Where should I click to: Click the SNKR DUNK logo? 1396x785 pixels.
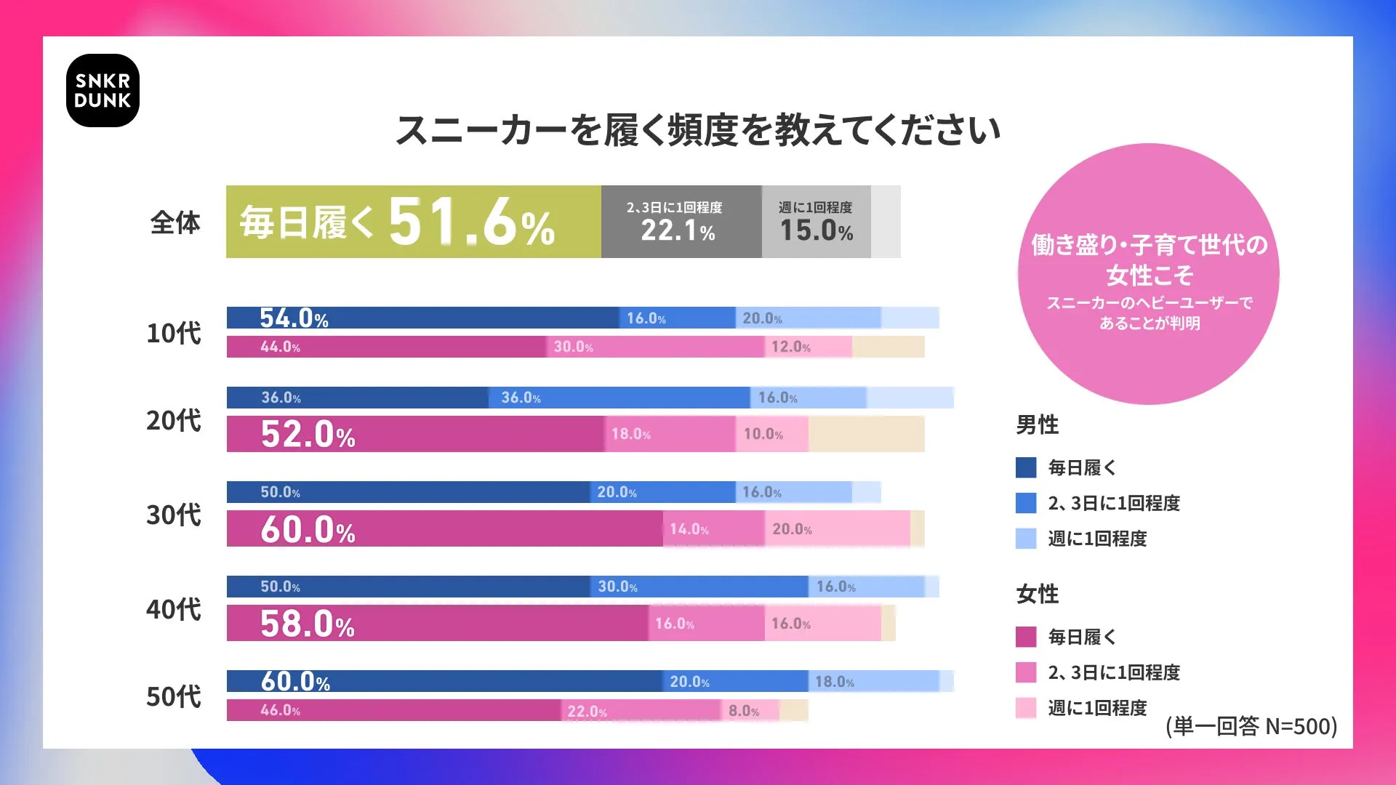103,91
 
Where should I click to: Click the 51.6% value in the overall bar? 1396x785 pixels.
471,222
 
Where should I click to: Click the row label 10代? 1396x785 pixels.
174,333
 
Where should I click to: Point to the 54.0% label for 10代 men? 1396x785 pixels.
294,318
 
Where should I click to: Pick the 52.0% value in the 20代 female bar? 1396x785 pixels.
308,434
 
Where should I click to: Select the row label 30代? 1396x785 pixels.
174,515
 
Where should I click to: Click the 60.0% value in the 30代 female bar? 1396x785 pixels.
308,529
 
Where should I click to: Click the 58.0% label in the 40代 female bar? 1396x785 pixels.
308,624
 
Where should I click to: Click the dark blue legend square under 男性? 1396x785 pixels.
1026,467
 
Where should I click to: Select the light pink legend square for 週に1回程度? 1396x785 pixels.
1026,708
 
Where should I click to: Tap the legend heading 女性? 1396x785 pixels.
1037,594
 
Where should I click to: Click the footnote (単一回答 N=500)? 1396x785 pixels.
1251,726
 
